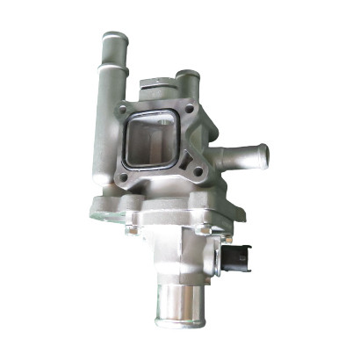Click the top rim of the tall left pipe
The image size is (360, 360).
pos(113,36)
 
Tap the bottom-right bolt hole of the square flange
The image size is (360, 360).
pos(198,170)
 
